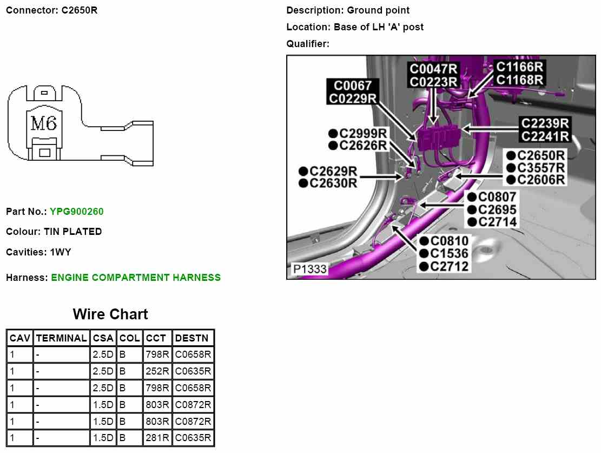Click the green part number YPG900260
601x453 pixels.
pos(76,212)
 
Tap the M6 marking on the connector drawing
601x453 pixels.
pos(44,124)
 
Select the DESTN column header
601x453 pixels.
pos(191,338)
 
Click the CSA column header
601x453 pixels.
pos(103,338)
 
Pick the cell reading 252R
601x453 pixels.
pos(157,372)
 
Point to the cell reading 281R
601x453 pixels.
pos(157,438)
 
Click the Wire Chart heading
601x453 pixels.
pos(110,314)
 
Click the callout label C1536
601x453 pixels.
pos(449,253)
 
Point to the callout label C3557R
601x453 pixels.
pos(540,168)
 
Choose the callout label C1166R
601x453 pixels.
pos(519,67)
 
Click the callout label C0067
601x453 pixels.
pos(352,86)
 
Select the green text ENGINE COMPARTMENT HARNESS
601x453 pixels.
pos(136,278)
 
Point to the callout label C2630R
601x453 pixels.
pos(333,183)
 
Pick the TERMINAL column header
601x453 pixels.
pos(61,338)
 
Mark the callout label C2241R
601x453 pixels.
pos(545,136)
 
